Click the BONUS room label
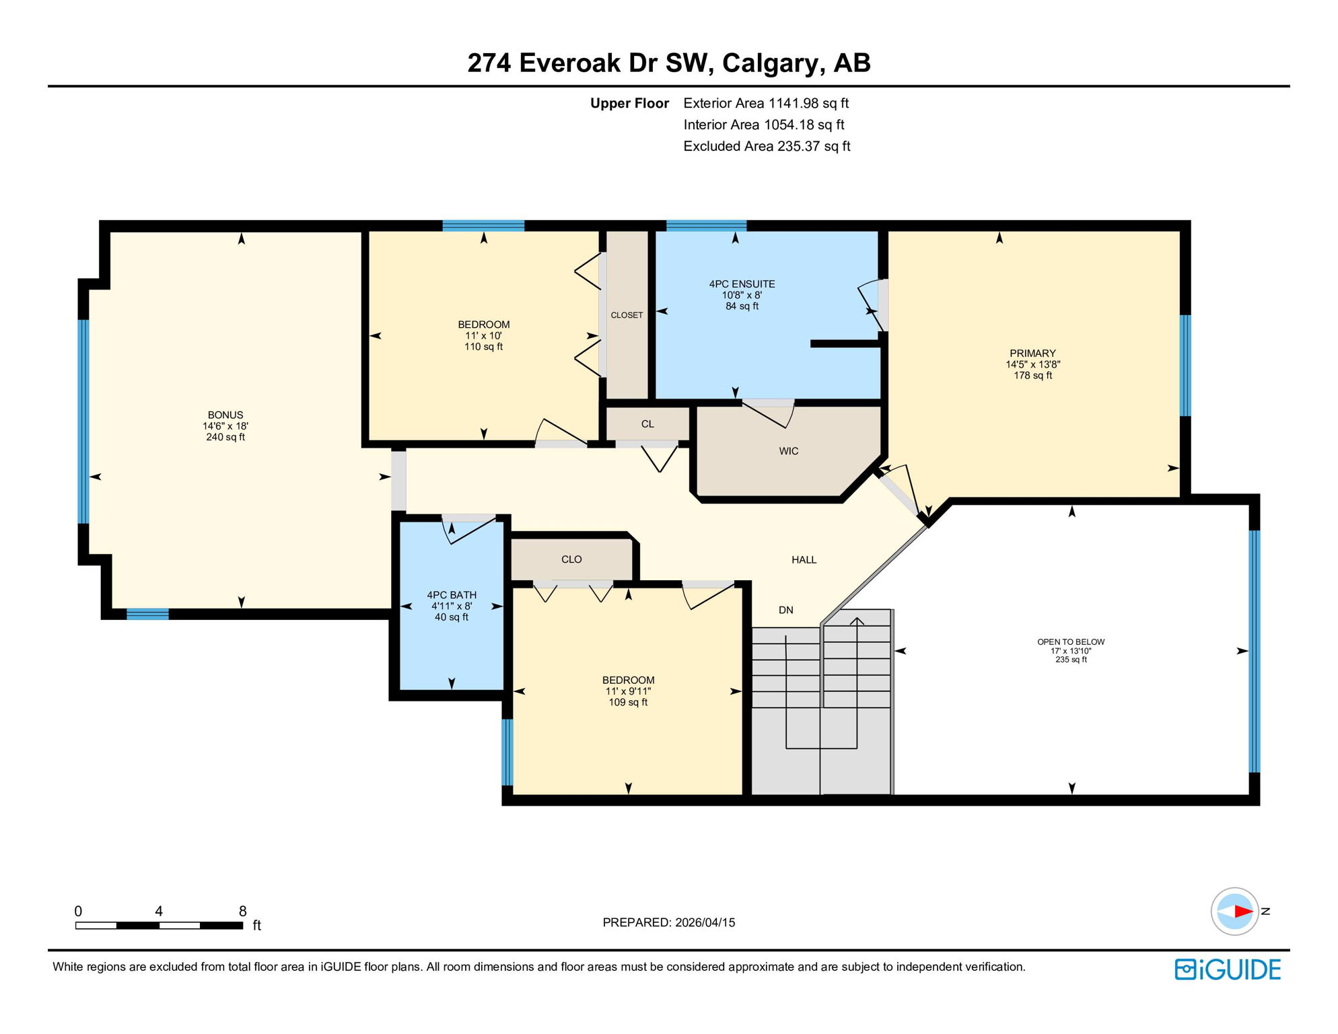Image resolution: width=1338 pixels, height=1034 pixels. pos(225,415)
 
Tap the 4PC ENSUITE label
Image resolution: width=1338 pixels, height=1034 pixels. pos(742,284)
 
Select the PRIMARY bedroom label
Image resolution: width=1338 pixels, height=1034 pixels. pos(1032,353)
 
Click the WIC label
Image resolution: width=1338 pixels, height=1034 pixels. pos(788,451)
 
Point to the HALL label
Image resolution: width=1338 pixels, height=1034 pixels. pos(804,559)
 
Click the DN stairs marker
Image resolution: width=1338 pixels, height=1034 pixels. pos(785,610)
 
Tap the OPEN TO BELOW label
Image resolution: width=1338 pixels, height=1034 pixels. pos(1070,642)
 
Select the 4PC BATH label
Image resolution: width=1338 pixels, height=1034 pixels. pos(451,595)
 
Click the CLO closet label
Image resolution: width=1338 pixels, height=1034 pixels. pos(571,559)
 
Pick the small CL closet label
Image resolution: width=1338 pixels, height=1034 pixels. pos(647,424)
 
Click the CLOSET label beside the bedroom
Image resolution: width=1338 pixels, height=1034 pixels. pos(627,315)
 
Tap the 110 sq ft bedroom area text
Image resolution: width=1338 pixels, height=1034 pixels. pos(483,347)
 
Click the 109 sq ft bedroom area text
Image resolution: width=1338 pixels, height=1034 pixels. pos(627,702)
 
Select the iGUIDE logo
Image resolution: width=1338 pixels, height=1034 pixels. pos(1228,969)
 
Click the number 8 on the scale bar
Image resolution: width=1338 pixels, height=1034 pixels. pos(242,911)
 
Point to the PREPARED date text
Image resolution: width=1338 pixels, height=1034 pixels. pos(668,922)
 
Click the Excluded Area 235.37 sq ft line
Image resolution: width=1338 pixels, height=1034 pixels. pos(766,146)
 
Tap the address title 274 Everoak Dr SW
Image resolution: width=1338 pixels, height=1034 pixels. pos(668,63)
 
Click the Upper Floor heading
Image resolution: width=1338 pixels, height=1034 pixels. pos(629,103)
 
